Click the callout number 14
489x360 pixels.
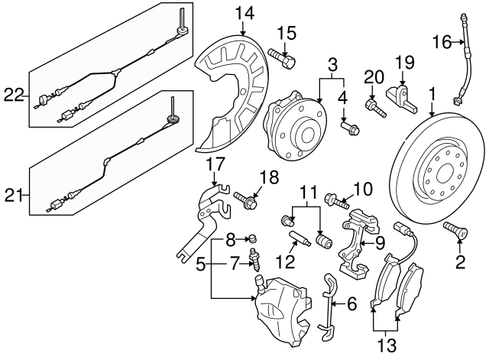tap(244, 13)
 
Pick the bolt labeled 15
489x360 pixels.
tap(282, 58)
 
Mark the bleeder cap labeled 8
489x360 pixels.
tap(253, 242)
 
